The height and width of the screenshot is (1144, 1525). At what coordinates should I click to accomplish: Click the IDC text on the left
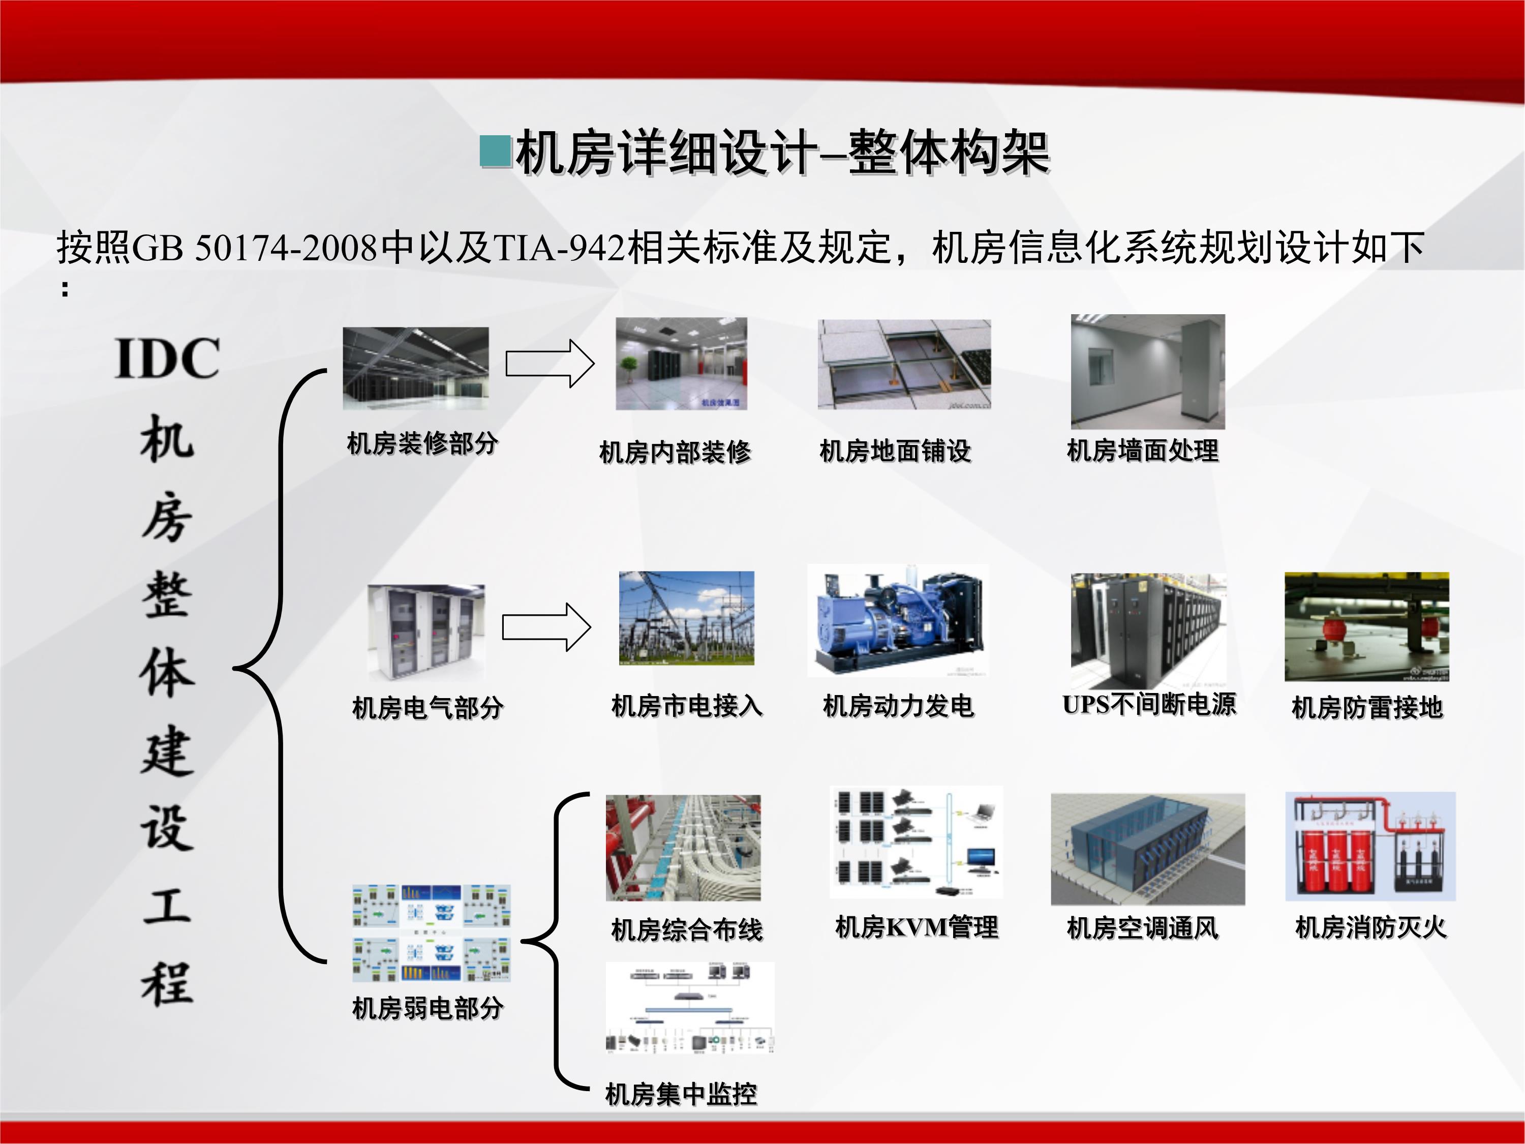[168, 358]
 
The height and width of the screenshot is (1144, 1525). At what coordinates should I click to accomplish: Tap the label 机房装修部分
[422, 443]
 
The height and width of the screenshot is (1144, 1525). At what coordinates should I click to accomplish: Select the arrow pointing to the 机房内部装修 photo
[550, 364]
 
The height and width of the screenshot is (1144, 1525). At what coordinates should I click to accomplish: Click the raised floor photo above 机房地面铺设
[904, 364]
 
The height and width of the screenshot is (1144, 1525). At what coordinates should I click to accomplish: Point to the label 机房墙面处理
[1142, 450]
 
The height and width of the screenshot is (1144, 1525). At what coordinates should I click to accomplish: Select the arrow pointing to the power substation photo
[546, 627]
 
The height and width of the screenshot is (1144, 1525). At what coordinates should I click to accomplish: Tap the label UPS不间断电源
[1149, 704]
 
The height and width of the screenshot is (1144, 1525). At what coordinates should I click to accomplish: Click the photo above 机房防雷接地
[1366, 626]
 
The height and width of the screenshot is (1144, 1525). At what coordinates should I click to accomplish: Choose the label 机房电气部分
[428, 708]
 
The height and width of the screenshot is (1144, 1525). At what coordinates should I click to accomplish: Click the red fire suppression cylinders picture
[1370, 846]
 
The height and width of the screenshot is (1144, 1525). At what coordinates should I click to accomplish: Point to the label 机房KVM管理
[916, 927]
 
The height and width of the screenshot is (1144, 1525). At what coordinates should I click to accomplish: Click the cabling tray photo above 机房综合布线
[683, 848]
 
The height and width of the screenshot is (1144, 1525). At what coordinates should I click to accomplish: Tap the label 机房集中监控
[681, 1094]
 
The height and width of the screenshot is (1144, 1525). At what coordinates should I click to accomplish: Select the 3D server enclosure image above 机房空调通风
[1147, 849]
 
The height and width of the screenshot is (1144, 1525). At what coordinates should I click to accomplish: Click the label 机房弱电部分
[428, 1008]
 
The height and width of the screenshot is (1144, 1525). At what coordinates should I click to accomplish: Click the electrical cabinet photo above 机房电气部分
[426, 633]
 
